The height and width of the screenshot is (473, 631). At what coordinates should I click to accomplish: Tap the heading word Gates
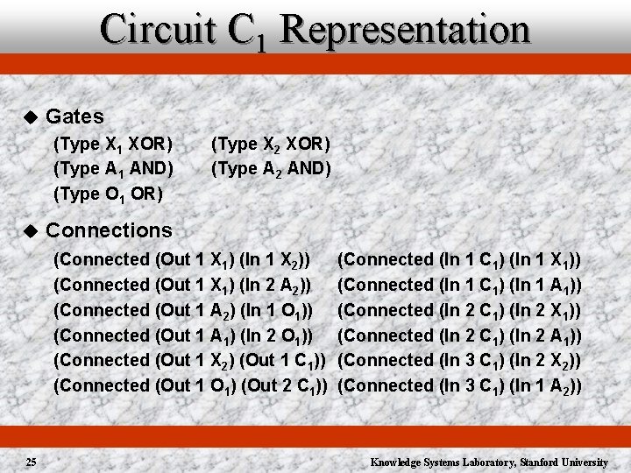click(x=74, y=116)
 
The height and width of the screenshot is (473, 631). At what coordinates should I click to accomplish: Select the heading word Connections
click(x=109, y=230)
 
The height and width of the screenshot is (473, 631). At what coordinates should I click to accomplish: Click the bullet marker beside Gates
click(x=29, y=117)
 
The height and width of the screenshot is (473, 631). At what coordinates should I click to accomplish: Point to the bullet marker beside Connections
click(x=29, y=231)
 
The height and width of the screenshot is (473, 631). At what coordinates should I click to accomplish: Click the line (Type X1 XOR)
click(x=113, y=143)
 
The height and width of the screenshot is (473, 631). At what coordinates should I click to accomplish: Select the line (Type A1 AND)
click(x=113, y=167)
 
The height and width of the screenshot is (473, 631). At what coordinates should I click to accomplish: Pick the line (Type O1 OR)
click(x=108, y=193)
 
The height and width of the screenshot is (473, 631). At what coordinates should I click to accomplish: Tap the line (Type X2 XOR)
click(x=271, y=143)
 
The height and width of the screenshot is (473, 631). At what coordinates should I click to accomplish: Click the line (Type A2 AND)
click(x=271, y=167)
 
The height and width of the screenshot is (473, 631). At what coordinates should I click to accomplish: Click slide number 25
click(x=31, y=461)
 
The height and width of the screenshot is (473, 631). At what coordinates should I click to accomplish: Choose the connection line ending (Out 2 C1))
click(x=191, y=385)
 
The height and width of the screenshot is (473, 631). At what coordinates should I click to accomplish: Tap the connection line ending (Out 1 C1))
click(x=191, y=360)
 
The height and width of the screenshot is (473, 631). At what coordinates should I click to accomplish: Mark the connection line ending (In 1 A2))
click(x=461, y=385)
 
